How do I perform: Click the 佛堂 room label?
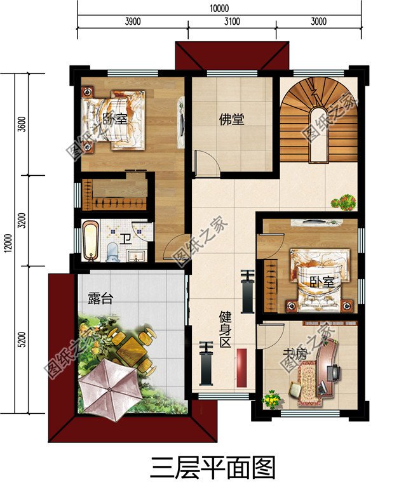pyautogui.click(x=232, y=119)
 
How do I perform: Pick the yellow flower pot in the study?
pyautogui.click(x=272, y=400)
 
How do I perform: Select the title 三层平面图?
pyautogui.click(x=212, y=468)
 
